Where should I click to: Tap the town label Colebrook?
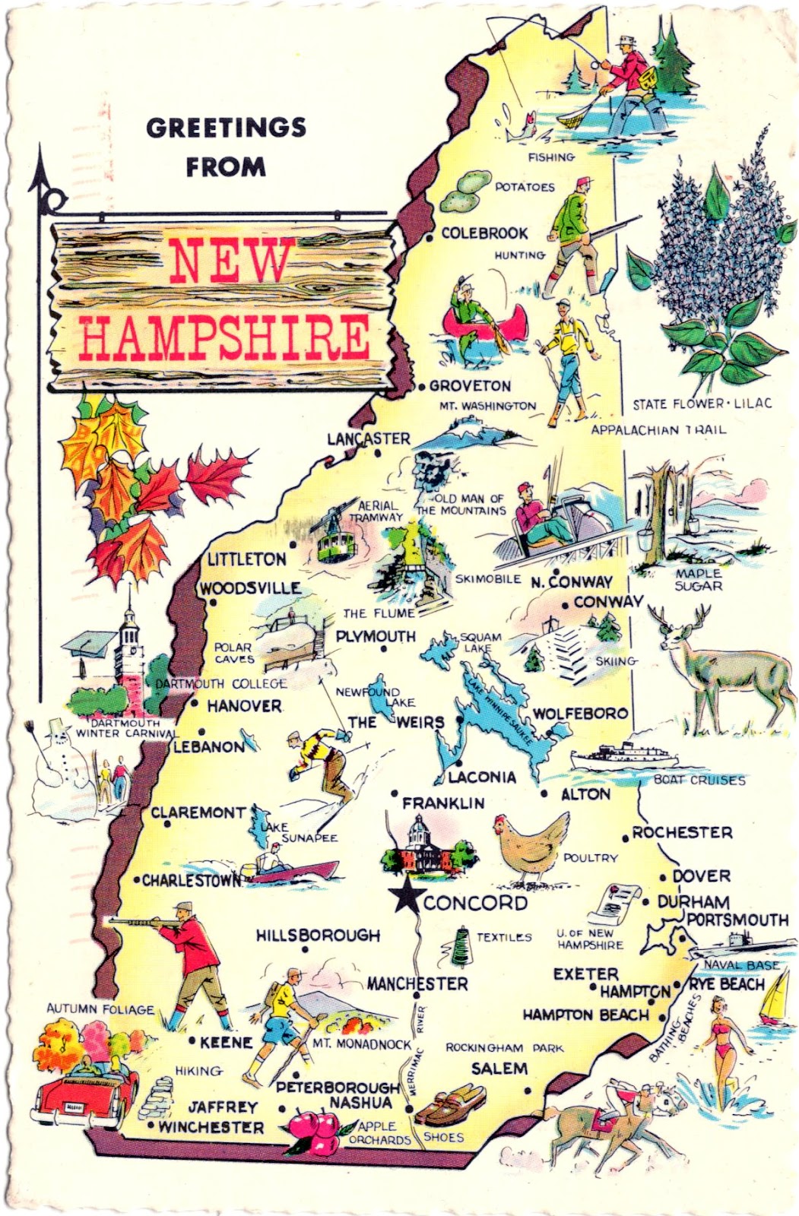coord(484,233)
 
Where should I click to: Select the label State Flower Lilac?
coord(702,403)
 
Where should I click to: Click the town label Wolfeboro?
coord(580,714)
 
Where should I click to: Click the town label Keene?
coord(225,1042)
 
